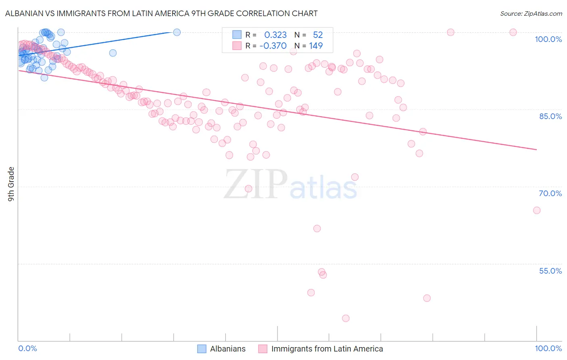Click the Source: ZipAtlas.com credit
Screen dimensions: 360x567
[x=531, y=13]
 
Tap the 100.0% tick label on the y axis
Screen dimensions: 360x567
[x=548, y=39]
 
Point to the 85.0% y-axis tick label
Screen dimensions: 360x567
[x=550, y=116]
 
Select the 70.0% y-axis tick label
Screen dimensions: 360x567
[x=550, y=193]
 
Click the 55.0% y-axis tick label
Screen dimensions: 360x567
[x=550, y=271]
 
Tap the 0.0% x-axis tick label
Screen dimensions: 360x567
[x=27, y=348]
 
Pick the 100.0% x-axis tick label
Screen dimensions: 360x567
[x=548, y=348]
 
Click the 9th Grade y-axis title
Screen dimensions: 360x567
[x=11, y=184]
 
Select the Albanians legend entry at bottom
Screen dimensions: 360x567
[x=227, y=349]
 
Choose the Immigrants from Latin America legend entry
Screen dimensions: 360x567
[x=327, y=349]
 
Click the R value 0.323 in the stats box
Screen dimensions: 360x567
[x=275, y=35]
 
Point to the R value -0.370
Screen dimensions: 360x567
[x=273, y=46]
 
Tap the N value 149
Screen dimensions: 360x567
[x=316, y=46]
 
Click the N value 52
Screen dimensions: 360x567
[x=318, y=35]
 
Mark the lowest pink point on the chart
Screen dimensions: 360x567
[x=346, y=318]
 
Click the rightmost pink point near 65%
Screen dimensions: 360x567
[x=536, y=210]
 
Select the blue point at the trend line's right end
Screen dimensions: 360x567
[x=177, y=32]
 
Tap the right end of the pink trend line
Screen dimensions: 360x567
[x=536, y=149]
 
